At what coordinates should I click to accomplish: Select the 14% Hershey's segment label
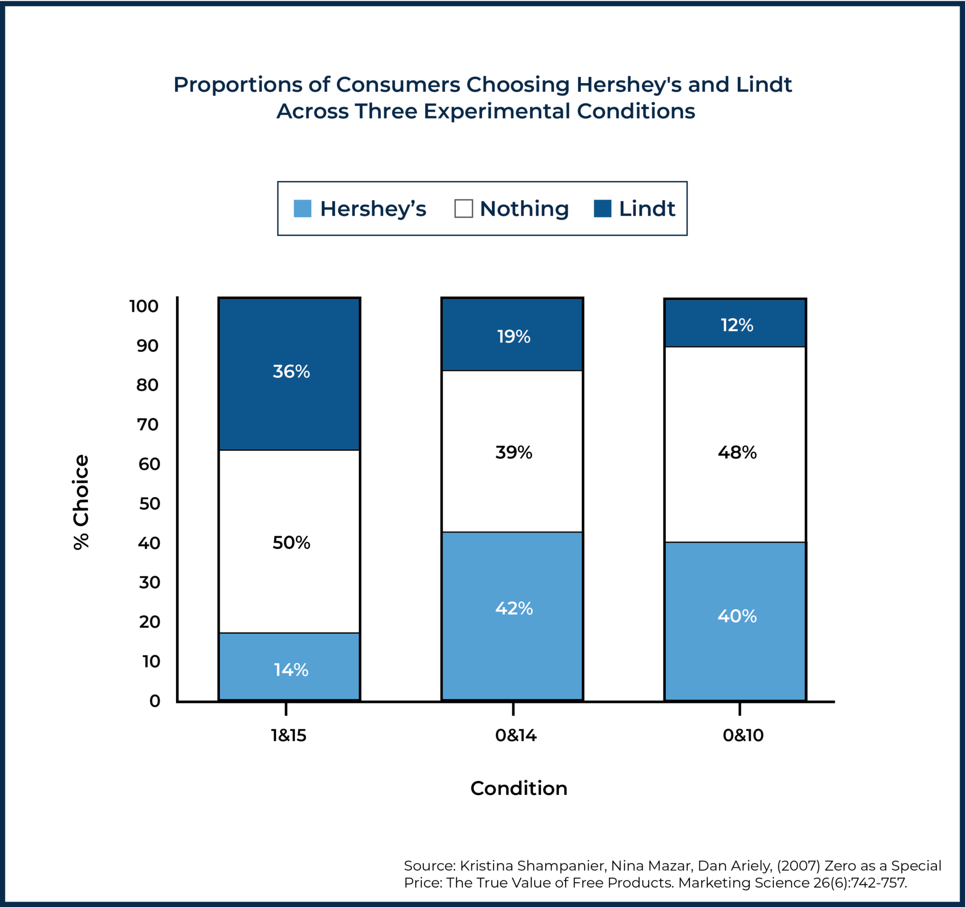tap(291, 670)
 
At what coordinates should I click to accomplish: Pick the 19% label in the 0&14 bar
tap(513, 336)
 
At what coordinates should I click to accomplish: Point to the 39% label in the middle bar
tap(513, 452)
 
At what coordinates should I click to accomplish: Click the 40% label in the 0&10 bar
tap(736, 616)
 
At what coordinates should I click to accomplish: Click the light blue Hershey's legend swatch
tap(303, 209)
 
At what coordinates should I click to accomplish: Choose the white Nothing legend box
tap(463, 209)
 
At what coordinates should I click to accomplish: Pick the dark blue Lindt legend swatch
tap(602, 209)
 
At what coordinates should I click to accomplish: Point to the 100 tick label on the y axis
tap(144, 307)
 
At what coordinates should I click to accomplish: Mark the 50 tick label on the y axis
tap(149, 503)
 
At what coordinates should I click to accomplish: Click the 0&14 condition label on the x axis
tap(515, 736)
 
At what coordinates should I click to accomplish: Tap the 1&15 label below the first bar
tap(289, 736)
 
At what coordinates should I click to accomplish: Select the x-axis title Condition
tap(518, 789)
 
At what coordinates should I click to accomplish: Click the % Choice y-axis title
tap(81, 502)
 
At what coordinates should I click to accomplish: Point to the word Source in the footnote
tap(429, 865)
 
